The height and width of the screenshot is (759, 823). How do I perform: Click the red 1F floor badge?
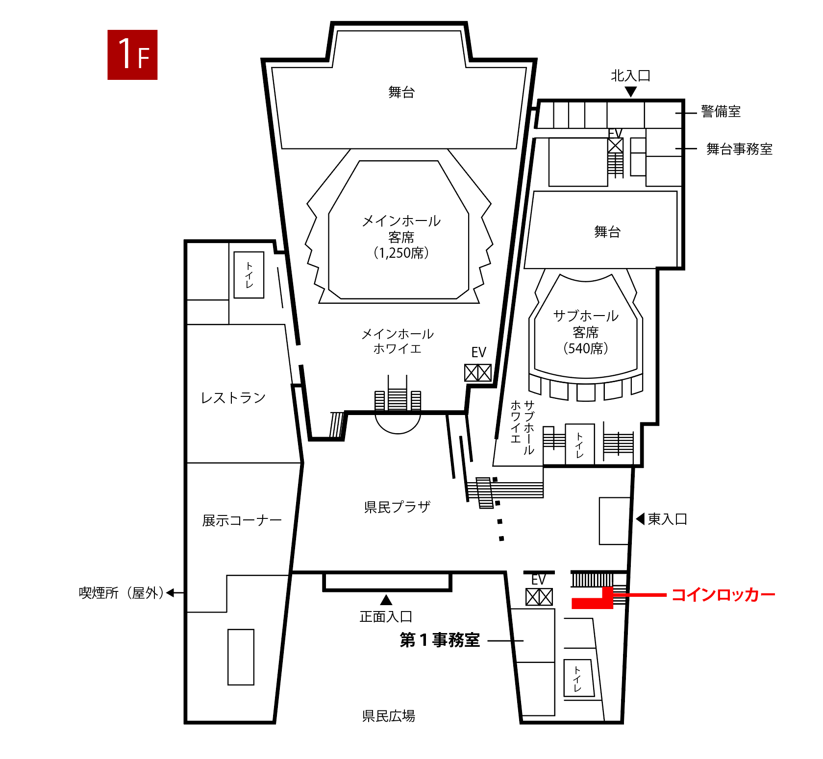point(132,55)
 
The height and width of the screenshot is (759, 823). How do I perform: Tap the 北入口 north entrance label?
point(630,76)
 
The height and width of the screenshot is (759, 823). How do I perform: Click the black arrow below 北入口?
point(631,92)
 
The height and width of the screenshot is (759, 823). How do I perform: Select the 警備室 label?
point(721,112)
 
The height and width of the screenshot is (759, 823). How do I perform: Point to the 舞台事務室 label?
point(739,149)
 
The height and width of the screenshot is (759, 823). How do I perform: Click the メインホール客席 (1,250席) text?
point(401,237)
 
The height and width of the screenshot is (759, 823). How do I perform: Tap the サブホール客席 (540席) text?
point(586,332)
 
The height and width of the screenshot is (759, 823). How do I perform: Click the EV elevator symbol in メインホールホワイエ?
point(478,373)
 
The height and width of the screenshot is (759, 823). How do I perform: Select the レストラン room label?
point(233,397)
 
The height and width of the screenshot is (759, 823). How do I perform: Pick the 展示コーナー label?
point(242,520)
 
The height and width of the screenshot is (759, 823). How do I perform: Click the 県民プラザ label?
point(397,507)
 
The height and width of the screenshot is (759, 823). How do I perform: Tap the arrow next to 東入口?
point(640,518)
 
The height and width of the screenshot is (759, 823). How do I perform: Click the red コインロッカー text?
point(723,595)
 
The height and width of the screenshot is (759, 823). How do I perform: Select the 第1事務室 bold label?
point(440,640)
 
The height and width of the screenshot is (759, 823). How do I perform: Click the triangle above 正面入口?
point(386,600)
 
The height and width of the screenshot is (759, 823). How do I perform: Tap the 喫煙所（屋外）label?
point(121,593)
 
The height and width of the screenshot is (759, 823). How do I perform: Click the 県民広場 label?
point(389,716)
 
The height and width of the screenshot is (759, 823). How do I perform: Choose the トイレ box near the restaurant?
point(249,275)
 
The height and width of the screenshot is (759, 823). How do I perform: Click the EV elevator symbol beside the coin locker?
point(539,597)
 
